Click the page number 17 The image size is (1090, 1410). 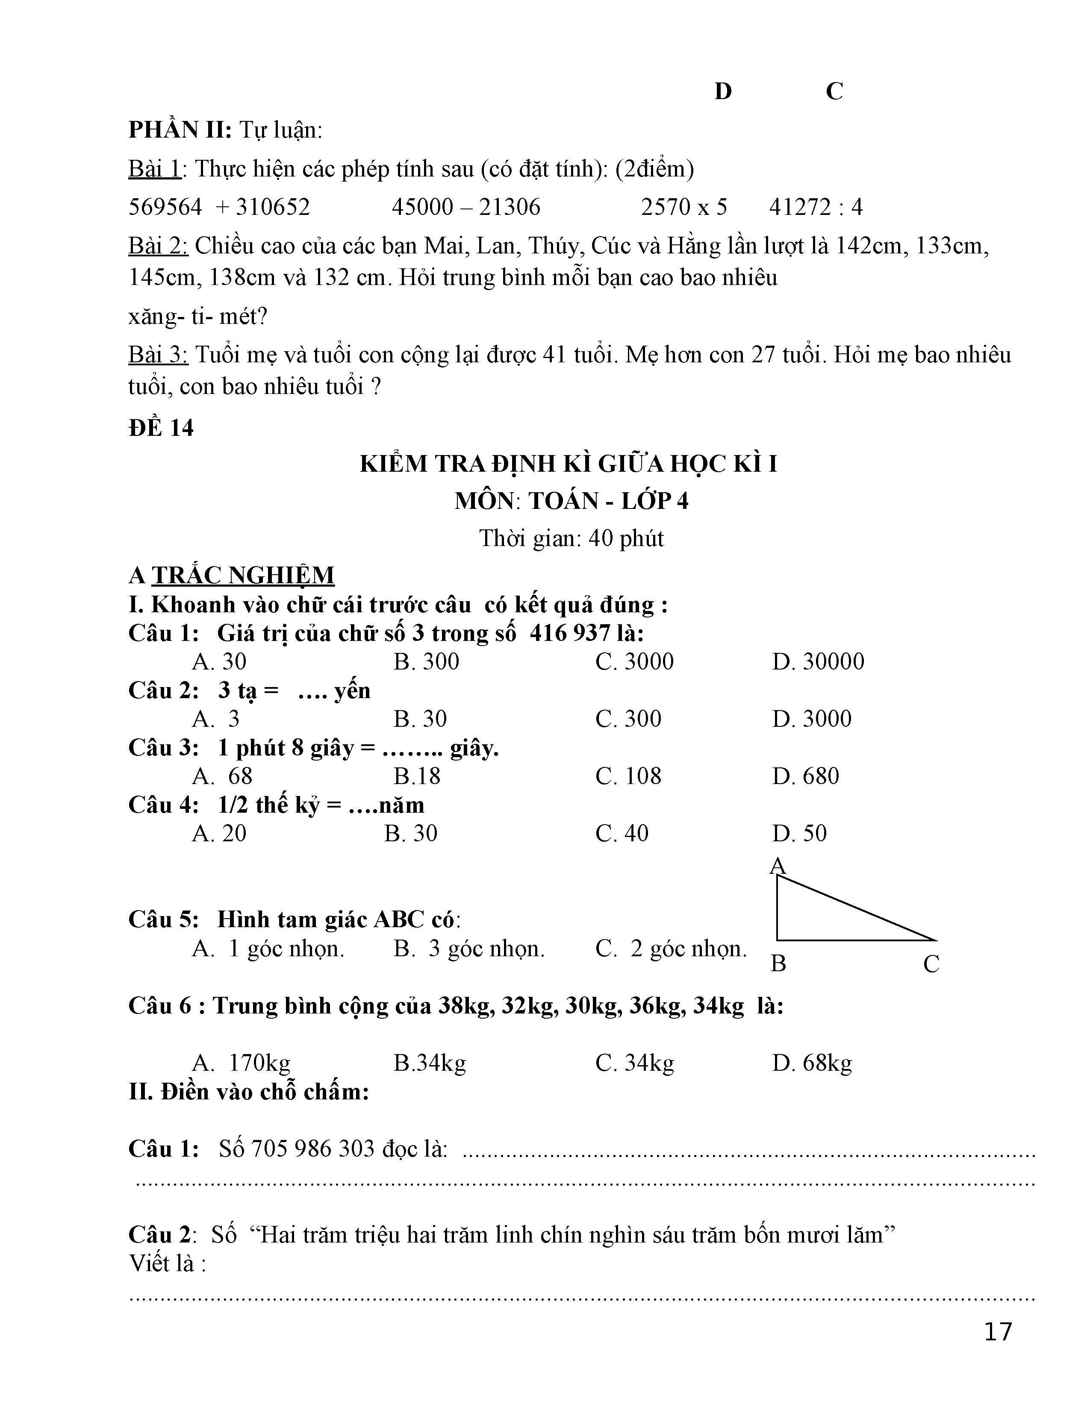[998, 1331]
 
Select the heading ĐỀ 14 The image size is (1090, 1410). [161, 428]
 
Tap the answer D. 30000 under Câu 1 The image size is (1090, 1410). [817, 662]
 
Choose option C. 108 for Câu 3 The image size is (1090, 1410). [628, 776]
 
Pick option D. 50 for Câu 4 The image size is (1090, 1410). [799, 834]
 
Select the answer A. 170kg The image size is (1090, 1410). [242, 1063]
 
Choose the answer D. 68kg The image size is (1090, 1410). [812, 1063]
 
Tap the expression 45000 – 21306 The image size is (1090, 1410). [465, 207]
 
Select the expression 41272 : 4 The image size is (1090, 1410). [816, 207]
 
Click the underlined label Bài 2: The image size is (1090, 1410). [158, 246]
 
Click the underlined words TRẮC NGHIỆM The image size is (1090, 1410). [243, 575]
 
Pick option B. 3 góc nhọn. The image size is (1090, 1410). [469, 949]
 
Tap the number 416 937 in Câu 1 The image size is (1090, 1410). [569, 633]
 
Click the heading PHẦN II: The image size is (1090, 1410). [180, 130]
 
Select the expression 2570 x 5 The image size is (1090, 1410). [684, 207]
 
